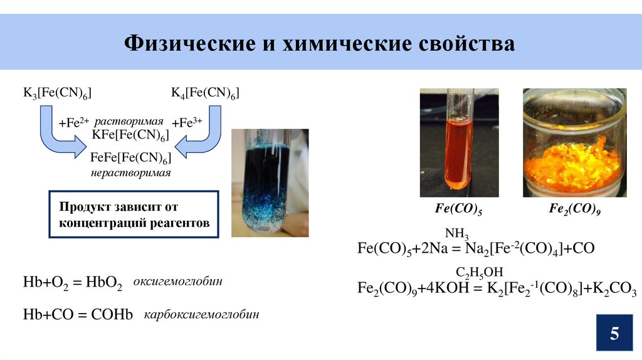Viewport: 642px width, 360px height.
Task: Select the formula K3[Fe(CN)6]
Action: click(x=58, y=93)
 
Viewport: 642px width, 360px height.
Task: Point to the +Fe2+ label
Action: click(x=74, y=122)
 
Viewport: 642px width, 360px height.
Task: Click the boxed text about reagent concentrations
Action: click(x=134, y=214)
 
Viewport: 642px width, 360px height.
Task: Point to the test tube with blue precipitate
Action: click(x=270, y=183)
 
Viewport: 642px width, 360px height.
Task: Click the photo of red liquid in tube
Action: click(x=459, y=143)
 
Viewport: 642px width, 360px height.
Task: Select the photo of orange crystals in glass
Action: click(x=574, y=143)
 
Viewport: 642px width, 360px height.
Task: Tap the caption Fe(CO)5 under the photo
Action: click(x=458, y=209)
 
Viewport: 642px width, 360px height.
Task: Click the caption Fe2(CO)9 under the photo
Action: click(x=575, y=209)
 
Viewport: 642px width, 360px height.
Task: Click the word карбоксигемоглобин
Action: click(x=201, y=314)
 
